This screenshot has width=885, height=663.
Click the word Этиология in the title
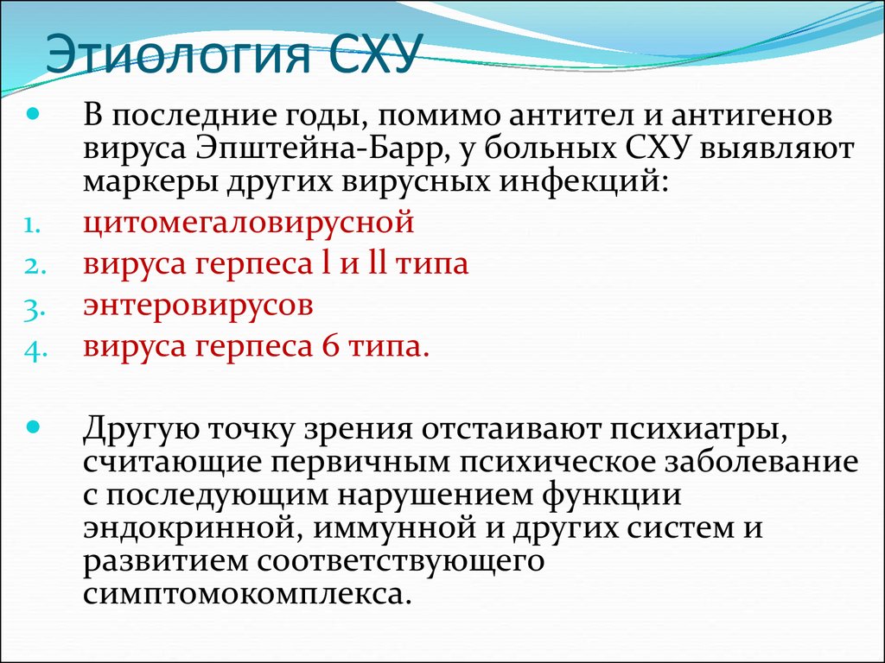(179, 54)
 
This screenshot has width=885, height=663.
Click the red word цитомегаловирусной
(248, 222)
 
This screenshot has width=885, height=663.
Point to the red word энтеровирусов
(198, 305)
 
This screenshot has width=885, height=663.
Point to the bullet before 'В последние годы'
(34, 115)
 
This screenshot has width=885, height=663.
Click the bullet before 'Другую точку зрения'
(34, 426)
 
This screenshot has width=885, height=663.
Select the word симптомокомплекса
(245, 595)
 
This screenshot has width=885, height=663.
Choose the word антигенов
(753, 116)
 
